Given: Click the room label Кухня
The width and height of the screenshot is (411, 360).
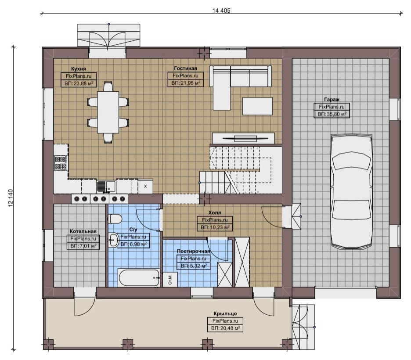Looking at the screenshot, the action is tap(78, 68).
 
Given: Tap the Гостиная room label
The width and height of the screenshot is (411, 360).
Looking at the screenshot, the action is tap(185, 68).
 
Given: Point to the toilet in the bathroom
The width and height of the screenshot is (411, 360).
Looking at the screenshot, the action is tap(115, 219).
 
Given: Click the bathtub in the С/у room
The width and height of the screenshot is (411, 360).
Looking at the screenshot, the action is tap(139, 278).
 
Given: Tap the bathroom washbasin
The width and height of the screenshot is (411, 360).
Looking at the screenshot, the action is tap(113, 240).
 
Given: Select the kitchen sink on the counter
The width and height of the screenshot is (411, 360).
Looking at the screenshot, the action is tap(106, 187).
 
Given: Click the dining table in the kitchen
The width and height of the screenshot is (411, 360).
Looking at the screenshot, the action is tap(108, 112).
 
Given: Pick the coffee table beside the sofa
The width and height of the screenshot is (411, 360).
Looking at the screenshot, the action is tap(257, 106).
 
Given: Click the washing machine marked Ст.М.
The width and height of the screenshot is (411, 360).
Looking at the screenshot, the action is tap(170, 280).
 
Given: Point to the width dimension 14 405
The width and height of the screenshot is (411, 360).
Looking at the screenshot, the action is tap(221, 11).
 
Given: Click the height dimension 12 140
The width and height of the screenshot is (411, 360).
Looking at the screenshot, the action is tap(11, 198).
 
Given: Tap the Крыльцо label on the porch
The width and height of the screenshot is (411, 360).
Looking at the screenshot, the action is tap(225, 313).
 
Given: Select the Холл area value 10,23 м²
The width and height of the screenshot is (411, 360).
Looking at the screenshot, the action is tap(215, 227).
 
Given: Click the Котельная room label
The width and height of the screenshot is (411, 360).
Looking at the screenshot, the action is tap(83, 231).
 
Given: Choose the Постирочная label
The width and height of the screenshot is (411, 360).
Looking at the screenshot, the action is tap(194, 251).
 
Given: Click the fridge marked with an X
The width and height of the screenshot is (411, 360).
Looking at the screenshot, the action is tap(145, 186).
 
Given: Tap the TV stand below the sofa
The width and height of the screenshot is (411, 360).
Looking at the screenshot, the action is tap(243, 138).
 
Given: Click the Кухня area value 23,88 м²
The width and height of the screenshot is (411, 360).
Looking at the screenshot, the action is tap(79, 83).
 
